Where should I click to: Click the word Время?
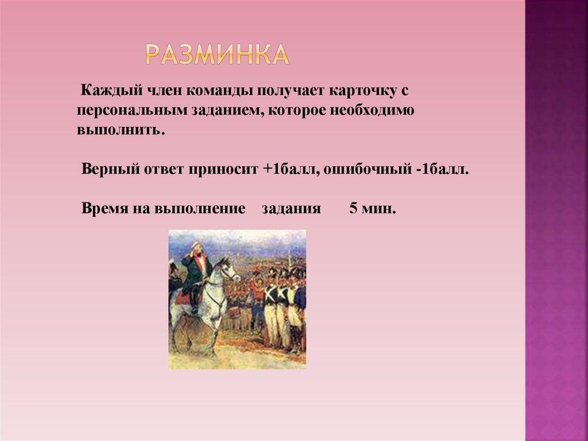pyautogui.click(x=104, y=208)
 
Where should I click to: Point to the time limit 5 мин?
pyautogui.click(x=373, y=208)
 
